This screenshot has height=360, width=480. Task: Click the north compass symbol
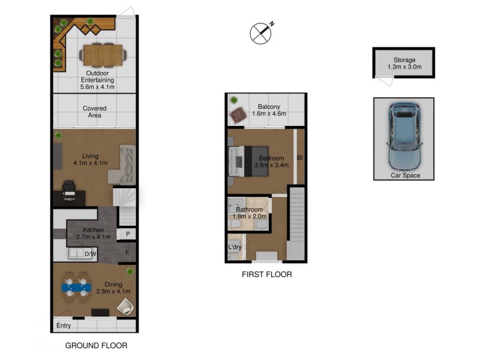[261, 33]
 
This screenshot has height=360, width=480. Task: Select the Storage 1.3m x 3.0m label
[404, 64]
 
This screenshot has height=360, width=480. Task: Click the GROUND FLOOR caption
[96, 346]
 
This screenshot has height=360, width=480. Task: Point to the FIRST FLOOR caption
[266, 274]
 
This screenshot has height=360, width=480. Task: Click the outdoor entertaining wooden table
[103, 55]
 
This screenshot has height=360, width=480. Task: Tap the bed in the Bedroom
[248, 161]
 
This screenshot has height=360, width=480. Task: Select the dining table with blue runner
[76, 287]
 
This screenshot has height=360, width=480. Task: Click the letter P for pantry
[128, 234]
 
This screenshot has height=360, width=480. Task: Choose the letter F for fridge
[127, 253]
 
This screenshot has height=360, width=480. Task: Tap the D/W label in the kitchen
[91, 254]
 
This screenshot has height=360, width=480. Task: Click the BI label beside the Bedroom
[299, 158]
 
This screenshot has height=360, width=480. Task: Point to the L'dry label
[235, 247]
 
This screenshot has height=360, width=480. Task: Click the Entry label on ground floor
[64, 326]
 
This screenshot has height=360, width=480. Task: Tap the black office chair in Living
[69, 188]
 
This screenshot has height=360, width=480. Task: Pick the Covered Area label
[95, 112]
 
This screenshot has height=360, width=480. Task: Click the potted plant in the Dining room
[130, 271]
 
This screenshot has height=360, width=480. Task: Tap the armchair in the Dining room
[125, 306]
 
